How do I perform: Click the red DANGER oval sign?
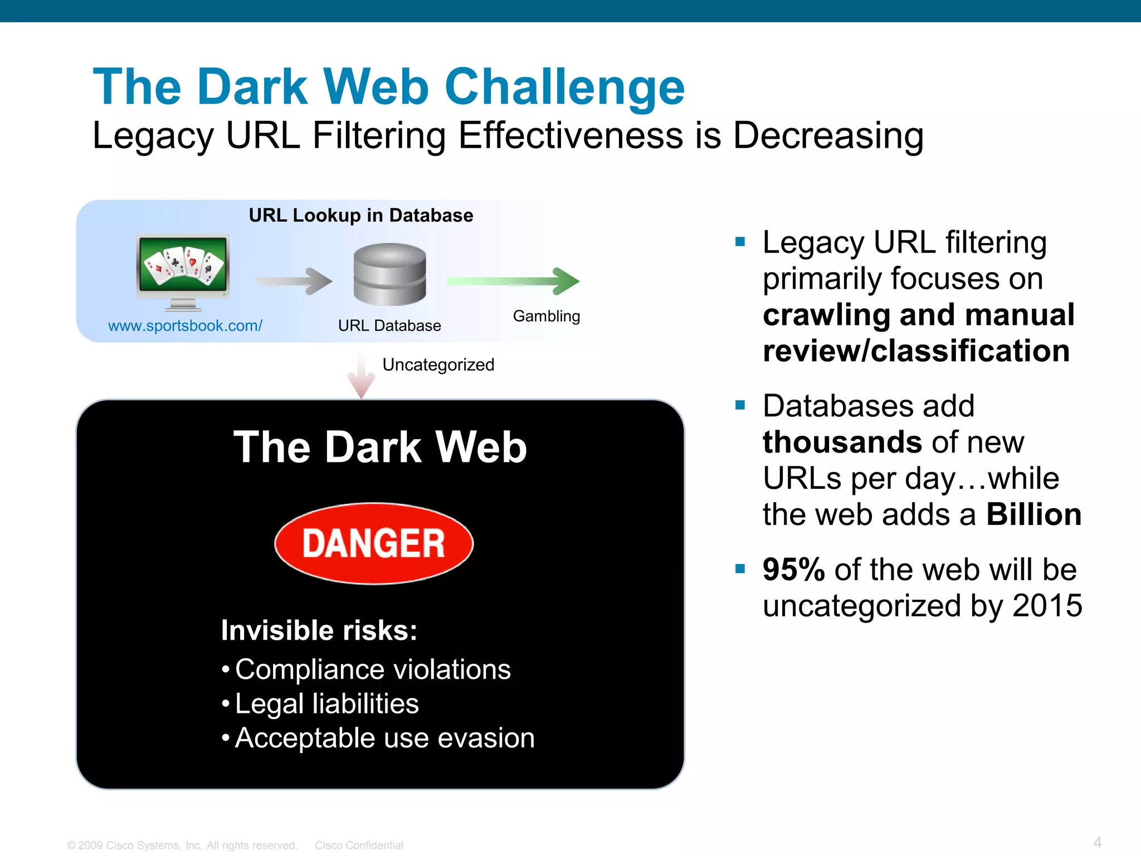(374, 543)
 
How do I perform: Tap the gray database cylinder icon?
(389, 274)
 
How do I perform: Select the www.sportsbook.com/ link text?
(185, 325)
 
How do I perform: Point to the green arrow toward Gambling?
(513, 281)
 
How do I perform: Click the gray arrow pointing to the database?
(294, 281)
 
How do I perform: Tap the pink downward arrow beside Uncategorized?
(361, 376)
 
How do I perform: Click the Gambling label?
(546, 316)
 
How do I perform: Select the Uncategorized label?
(438, 364)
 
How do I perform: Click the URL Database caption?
(389, 325)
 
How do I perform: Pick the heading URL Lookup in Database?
(360, 215)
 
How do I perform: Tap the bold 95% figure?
(793, 570)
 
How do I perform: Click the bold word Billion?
(1033, 514)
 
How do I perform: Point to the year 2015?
(1047, 606)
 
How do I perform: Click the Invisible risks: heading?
(319, 630)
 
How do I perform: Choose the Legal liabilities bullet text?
(326, 703)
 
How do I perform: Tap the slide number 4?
(1097, 842)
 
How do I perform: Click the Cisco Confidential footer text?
(359, 845)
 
